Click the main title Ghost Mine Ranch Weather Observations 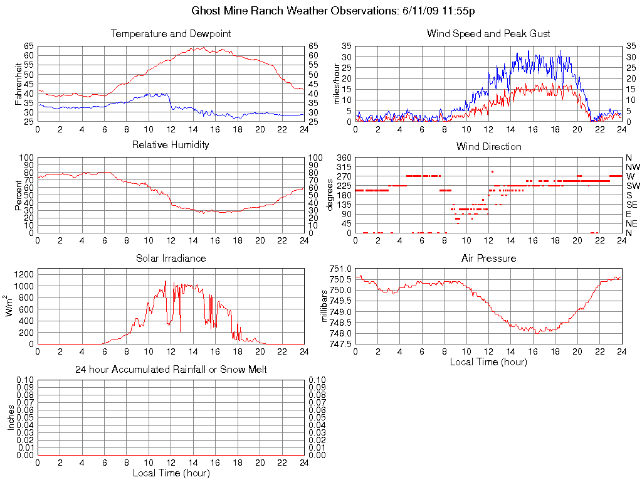(333, 11)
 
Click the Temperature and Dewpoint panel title (171, 33)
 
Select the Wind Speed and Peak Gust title (488, 33)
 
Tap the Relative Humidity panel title (171, 145)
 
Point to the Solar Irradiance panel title (171, 258)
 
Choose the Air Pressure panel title (488, 258)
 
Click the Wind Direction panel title (488, 146)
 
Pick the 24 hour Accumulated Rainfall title (171, 370)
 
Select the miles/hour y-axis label (337, 84)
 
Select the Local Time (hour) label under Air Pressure (488, 361)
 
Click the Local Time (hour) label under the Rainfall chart (171, 473)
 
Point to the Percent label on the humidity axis (19, 195)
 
